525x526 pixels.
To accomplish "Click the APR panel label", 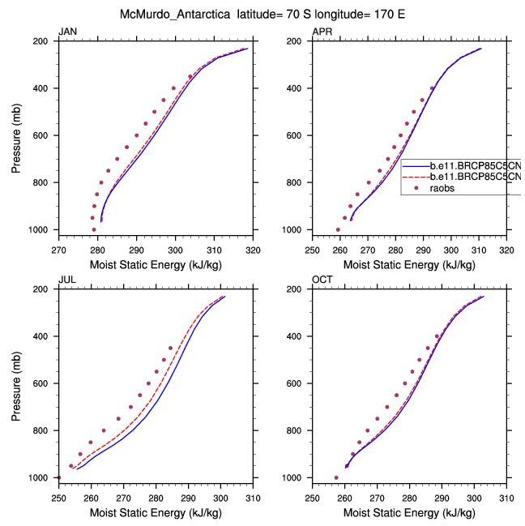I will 322,32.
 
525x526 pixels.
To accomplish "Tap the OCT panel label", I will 322,280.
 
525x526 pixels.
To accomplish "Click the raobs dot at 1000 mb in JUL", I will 58,477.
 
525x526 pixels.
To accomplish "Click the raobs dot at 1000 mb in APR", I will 338,229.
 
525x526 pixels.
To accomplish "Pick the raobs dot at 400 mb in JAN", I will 173,88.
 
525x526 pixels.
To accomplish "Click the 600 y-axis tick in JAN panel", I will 41,135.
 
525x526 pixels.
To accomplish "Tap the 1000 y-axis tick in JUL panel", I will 38,478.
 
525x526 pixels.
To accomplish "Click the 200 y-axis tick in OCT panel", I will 296,289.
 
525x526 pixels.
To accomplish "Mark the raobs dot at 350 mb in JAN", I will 190,77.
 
